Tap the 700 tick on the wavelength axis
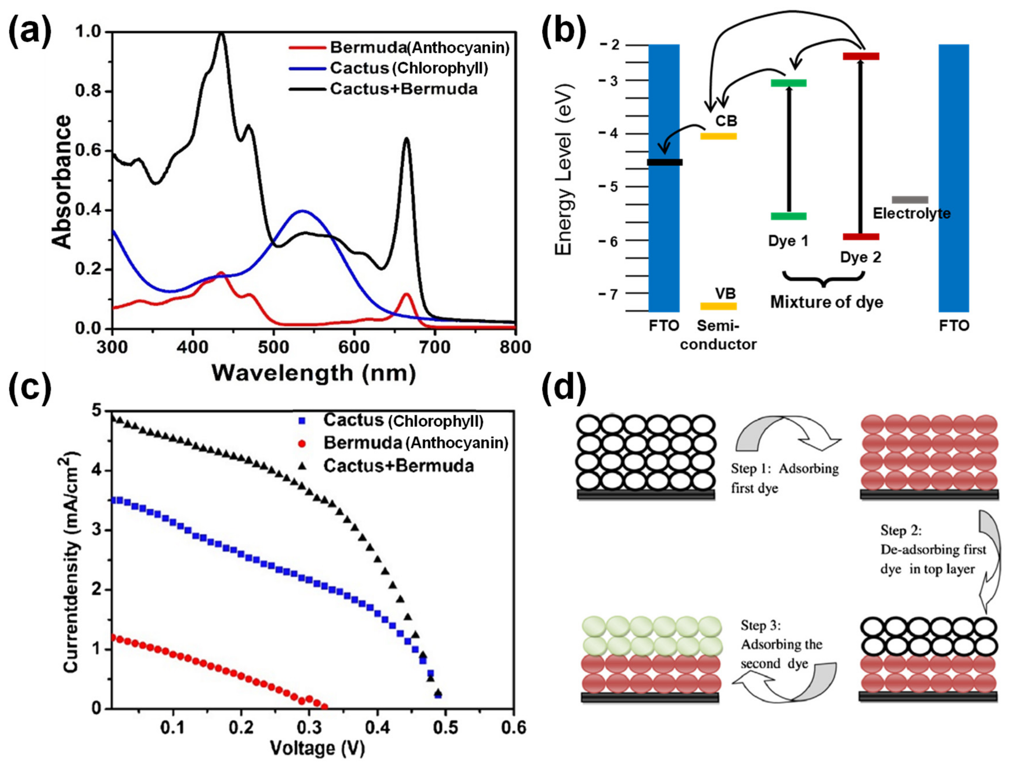tap(435, 347)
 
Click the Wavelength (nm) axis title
tap(314, 373)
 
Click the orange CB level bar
tap(719, 136)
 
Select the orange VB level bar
tap(719, 306)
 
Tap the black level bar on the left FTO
tap(664, 162)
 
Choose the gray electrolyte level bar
tap(910, 199)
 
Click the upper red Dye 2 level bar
tap(861, 56)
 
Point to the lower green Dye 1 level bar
tap(789, 216)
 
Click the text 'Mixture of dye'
tap(827, 302)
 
